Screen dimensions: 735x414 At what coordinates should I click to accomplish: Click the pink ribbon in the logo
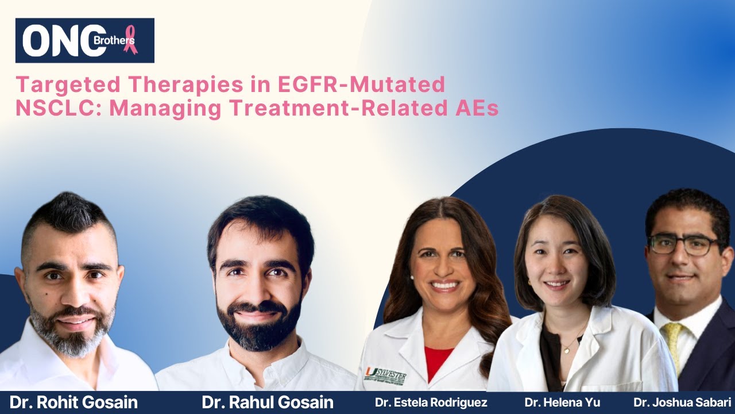point(130,39)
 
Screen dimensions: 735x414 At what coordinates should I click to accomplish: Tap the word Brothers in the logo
point(114,41)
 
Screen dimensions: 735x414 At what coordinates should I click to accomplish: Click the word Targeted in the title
point(68,85)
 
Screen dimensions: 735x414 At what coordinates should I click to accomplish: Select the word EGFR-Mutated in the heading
point(361,84)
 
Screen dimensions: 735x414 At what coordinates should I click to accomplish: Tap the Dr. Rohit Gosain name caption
point(73,402)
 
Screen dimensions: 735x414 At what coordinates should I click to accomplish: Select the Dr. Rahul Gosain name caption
point(268,402)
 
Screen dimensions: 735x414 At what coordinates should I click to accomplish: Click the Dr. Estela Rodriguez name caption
point(431,402)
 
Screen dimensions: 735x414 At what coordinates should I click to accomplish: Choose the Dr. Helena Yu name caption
point(562,402)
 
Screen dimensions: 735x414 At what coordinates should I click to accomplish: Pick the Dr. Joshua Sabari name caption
point(683,402)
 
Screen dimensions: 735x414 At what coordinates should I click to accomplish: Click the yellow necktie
point(672,346)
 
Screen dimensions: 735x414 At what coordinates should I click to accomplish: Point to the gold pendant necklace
point(567,351)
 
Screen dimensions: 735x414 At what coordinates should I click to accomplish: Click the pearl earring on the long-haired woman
point(412,278)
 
